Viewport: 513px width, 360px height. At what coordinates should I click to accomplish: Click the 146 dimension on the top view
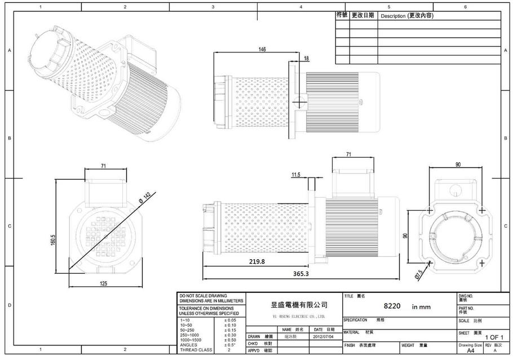(262, 50)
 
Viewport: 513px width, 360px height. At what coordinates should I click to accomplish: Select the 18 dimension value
(306, 58)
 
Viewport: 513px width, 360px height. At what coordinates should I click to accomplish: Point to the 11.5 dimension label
(296, 175)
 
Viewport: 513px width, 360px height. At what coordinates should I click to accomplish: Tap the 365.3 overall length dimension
(301, 273)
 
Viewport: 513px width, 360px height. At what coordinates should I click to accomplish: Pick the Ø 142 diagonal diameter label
(144, 198)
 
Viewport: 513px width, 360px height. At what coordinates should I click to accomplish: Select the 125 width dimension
(104, 283)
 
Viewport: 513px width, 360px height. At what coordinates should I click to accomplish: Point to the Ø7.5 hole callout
(419, 274)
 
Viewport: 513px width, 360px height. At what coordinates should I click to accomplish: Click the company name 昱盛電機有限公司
(299, 305)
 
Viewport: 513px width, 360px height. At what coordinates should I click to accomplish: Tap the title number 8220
(392, 306)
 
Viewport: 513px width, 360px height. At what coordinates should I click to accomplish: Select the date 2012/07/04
(324, 336)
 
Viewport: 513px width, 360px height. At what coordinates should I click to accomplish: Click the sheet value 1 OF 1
(494, 337)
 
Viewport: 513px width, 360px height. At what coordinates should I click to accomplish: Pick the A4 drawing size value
(470, 350)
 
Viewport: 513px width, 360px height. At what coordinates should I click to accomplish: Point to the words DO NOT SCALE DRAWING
(203, 296)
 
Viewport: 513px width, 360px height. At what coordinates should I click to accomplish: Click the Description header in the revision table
(406, 16)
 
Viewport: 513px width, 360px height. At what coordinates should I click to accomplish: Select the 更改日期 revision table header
(363, 16)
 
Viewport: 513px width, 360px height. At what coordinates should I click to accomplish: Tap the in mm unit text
(421, 307)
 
